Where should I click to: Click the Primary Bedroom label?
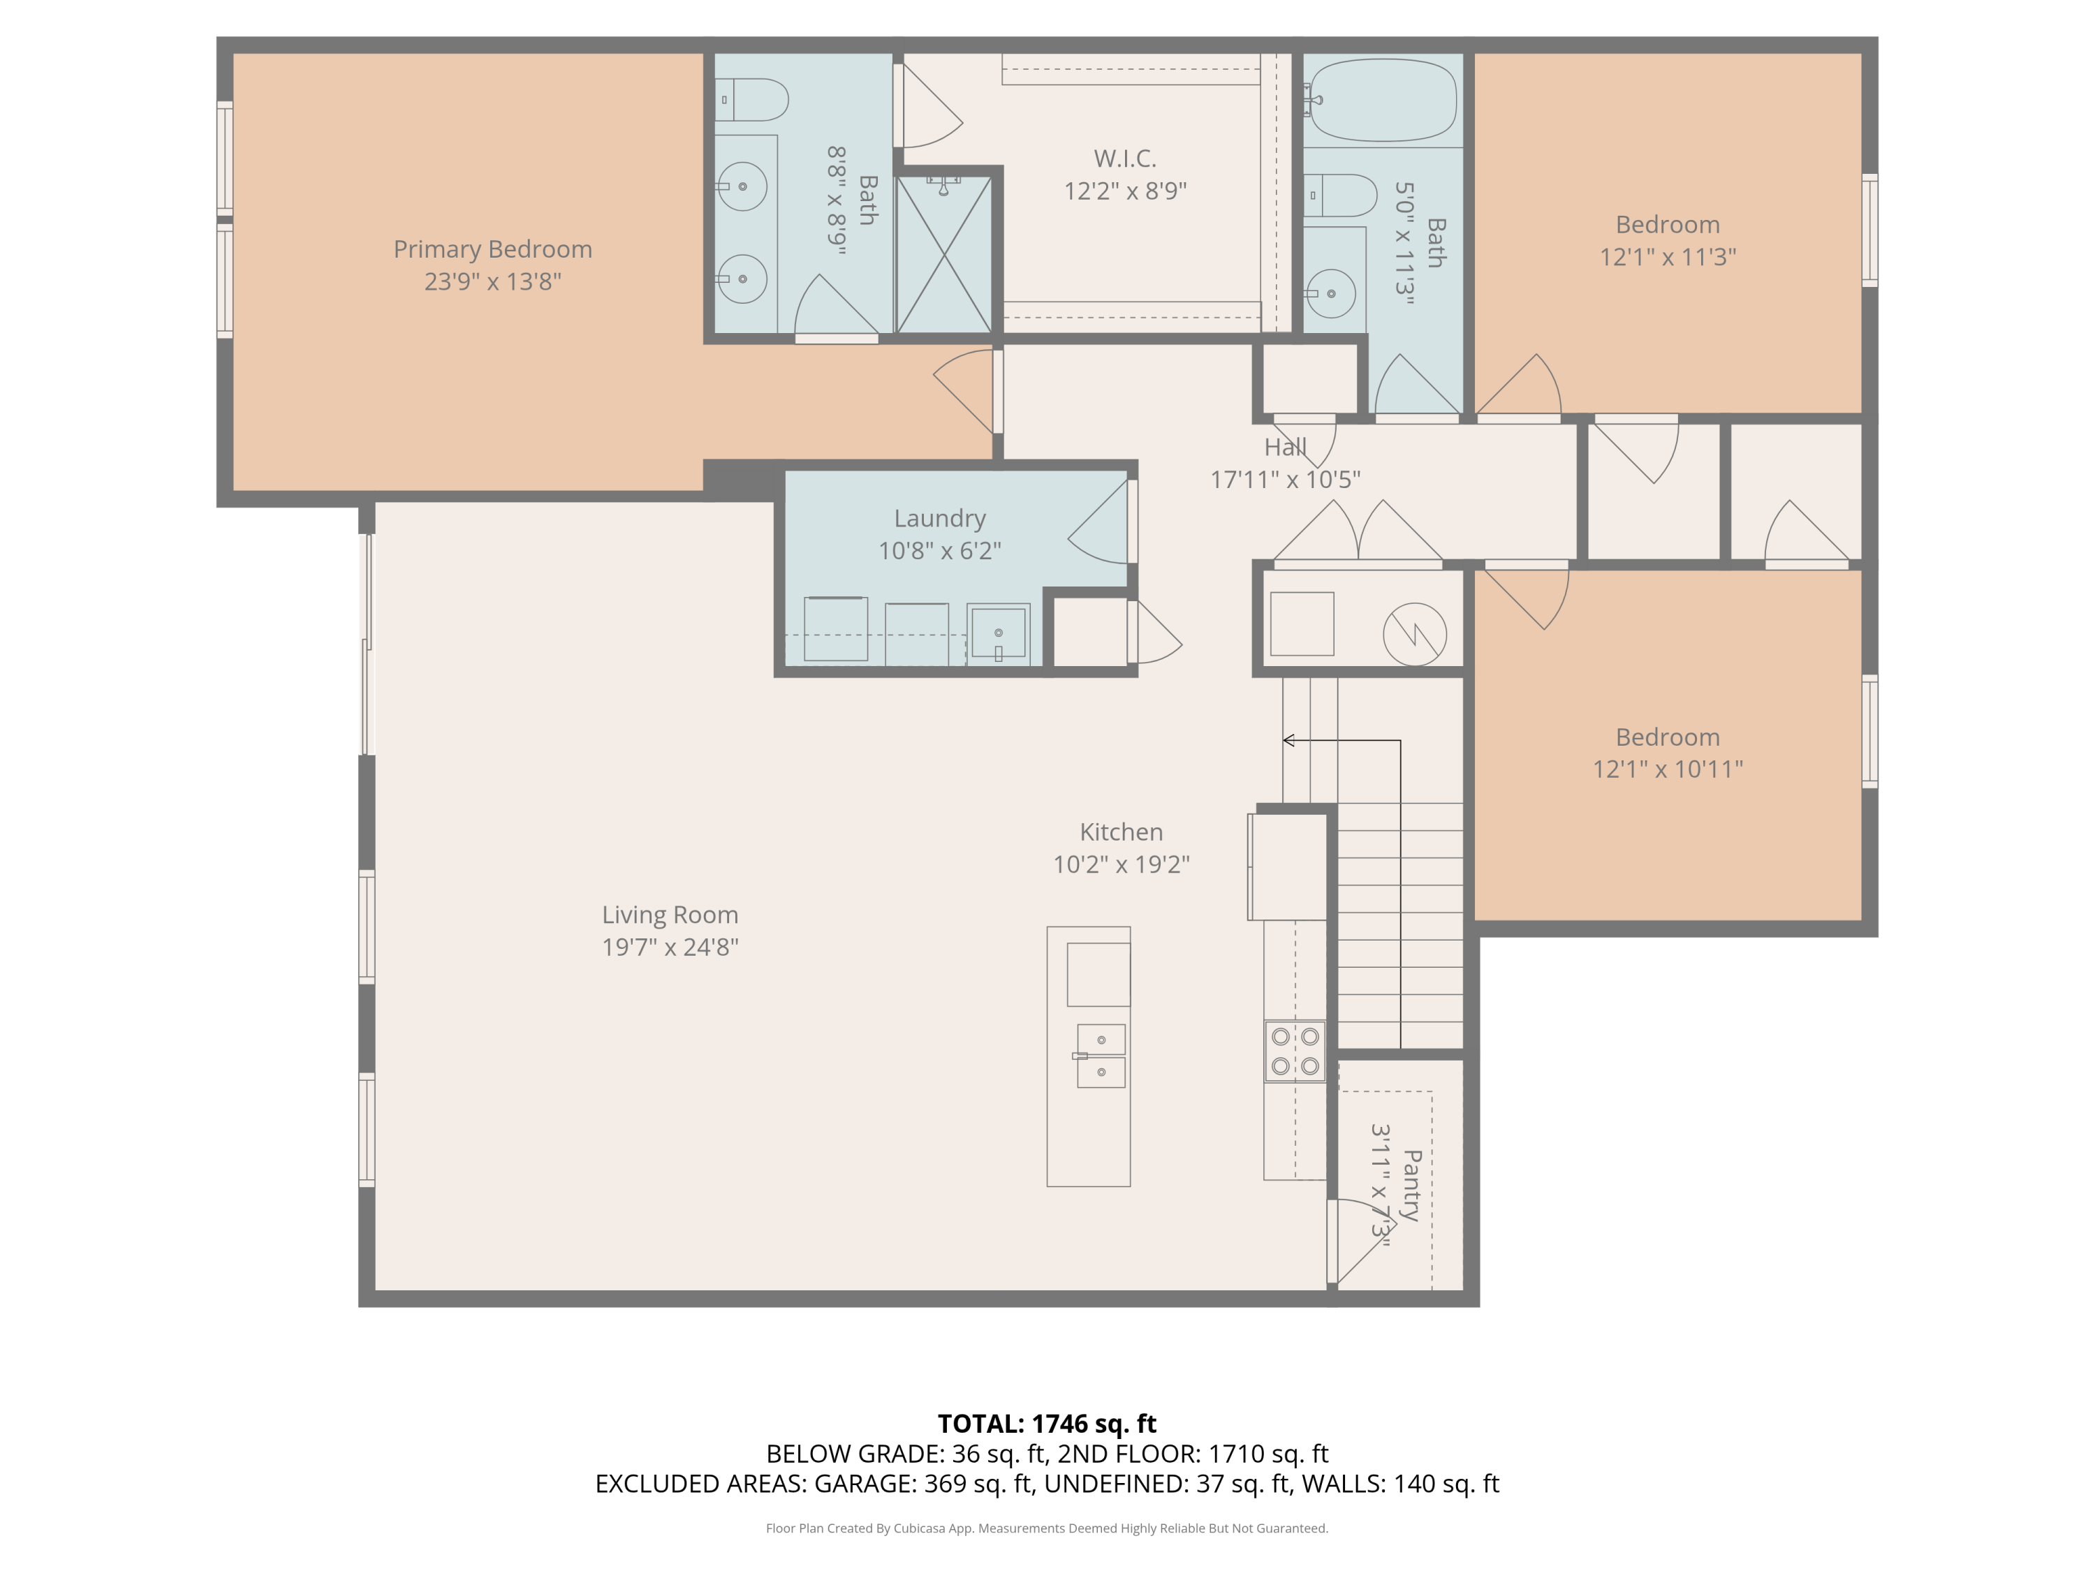492,249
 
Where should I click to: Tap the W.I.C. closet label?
1125,158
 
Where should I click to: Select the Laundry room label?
939,519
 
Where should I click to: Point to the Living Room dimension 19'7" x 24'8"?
670,947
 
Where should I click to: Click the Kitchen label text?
1122,832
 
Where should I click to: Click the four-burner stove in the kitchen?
1295,1051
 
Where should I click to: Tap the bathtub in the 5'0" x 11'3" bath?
1382,101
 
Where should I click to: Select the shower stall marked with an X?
944,253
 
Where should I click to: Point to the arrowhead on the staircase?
1288,741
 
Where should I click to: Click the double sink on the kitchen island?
1101,1056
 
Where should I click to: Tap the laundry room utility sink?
998,633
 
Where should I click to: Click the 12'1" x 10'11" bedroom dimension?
1668,769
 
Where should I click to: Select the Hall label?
1285,447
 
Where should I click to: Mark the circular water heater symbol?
1415,635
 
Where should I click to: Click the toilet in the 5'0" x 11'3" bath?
1340,196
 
